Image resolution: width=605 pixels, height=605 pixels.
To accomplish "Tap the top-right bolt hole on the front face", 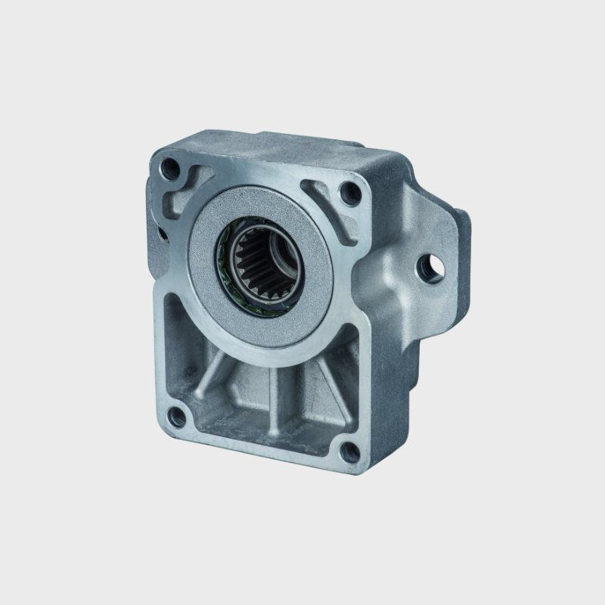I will pyautogui.click(x=349, y=194).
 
